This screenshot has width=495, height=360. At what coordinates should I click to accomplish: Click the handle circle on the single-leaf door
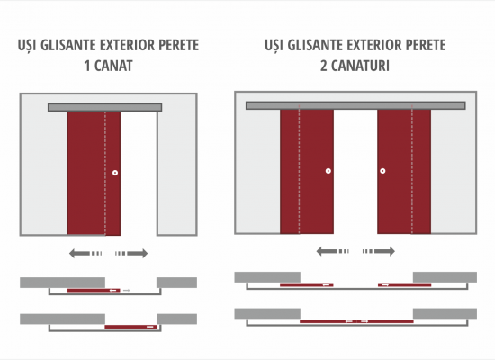point(115,173)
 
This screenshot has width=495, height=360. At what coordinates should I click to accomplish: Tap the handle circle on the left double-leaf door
point(328,171)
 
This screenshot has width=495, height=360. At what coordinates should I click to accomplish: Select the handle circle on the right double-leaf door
point(382,171)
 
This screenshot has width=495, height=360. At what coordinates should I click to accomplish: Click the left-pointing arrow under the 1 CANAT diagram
point(85,253)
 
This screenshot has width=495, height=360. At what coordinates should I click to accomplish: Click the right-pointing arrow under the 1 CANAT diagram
point(131,253)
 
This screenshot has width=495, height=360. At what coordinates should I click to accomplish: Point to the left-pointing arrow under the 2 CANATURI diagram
point(333,251)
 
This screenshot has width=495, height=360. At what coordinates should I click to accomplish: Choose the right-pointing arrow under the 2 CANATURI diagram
point(379,251)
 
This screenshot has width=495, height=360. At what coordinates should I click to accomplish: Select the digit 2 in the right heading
point(324,66)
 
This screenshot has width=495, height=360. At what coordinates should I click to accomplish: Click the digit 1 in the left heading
point(87,66)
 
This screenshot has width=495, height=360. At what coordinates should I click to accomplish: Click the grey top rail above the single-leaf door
point(104,107)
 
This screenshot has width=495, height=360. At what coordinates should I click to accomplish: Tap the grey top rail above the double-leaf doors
point(355,105)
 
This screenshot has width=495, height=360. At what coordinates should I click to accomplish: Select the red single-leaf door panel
point(94,173)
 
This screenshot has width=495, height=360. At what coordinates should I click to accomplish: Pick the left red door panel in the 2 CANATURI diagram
point(307,172)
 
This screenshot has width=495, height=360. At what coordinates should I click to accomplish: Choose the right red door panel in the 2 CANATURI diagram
point(404,172)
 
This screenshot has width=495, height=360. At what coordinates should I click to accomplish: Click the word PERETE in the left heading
point(179,45)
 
